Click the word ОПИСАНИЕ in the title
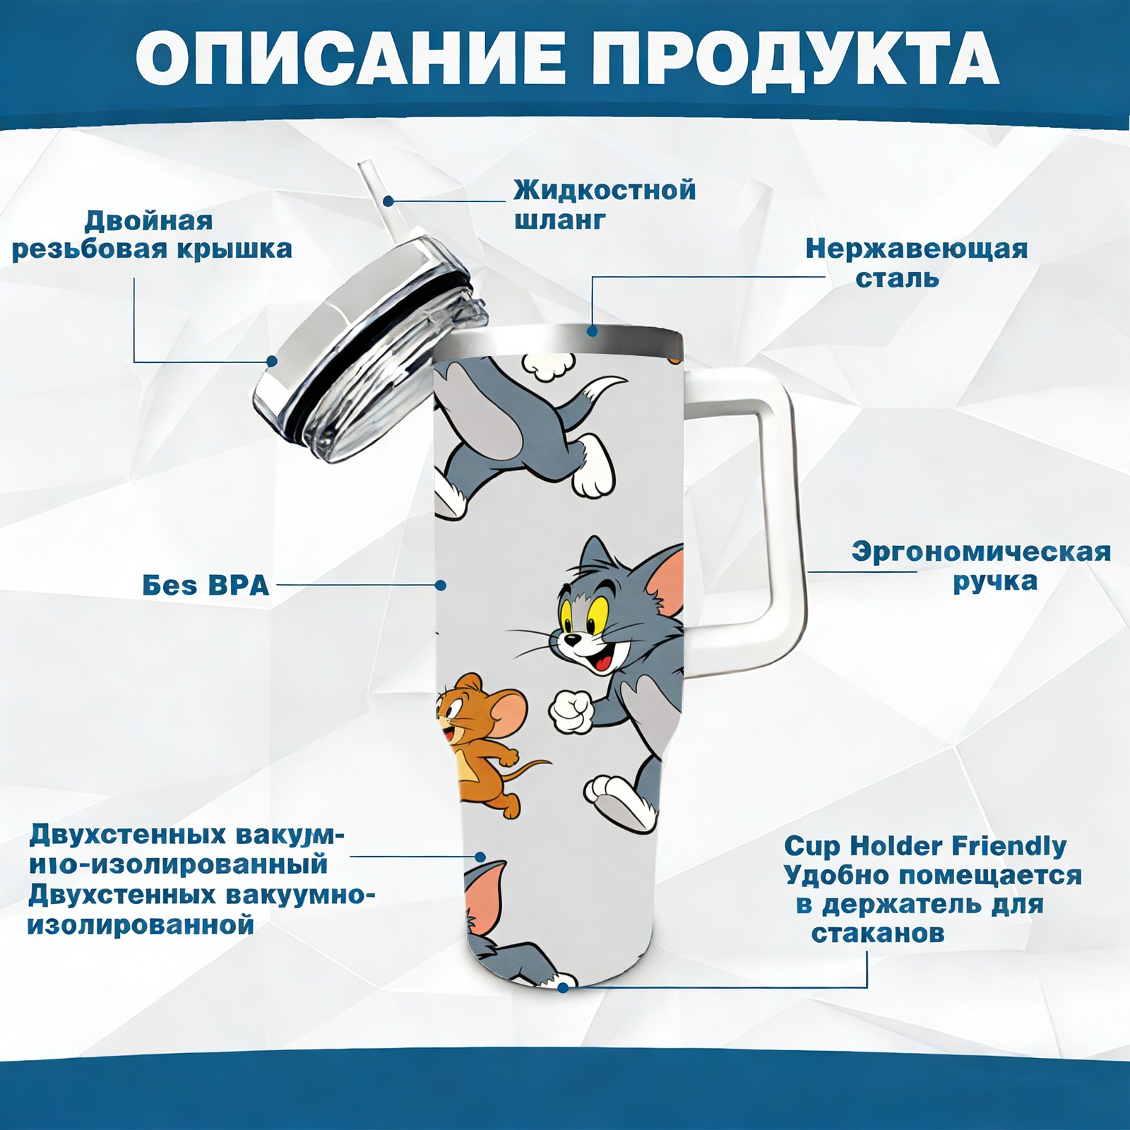pyautogui.click(x=350, y=61)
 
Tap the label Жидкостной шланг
pyautogui.click(x=605, y=205)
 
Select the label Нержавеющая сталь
pyautogui.click(x=916, y=263)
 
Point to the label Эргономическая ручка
pyautogui.click(x=981, y=566)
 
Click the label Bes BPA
pyautogui.click(x=206, y=585)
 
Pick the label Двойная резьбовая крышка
pyautogui.click(x=152, y=234)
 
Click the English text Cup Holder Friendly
pyautogui.click(x=925, y=845)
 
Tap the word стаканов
pyautogui.click(x=877, y=934)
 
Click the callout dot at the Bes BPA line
pyautogui.click(x=441, y=585)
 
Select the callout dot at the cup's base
pyautogui.click(x=563, y=987)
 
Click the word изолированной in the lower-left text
pyautogui.click(x=141, y=925)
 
